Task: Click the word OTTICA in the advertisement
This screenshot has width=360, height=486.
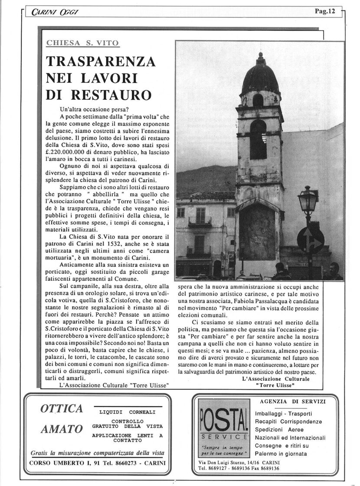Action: [x=61, y=408]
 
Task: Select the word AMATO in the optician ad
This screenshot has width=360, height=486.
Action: [x=62, y=429]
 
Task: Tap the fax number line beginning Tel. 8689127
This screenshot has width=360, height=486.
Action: [x=238, y=469]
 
